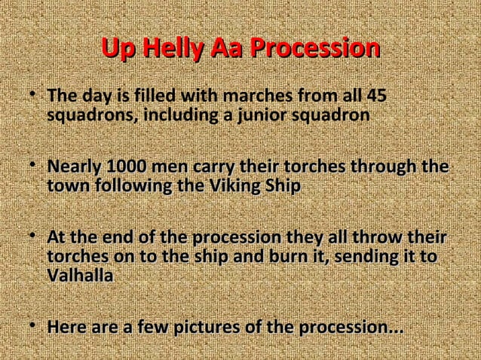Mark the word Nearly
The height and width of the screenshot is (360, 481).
click(72, 166)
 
